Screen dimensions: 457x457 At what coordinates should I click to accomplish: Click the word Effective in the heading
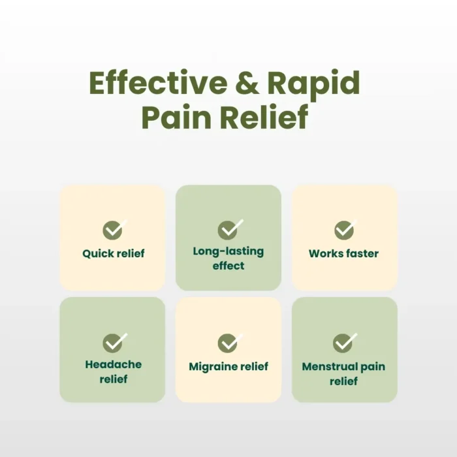(158, 83)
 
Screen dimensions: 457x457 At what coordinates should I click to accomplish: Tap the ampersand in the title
(247, 83)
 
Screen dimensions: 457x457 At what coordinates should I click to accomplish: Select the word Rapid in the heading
(313, 84)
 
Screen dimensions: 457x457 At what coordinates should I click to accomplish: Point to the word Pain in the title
(176, 117)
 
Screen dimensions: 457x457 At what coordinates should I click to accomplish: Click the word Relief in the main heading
(264, 117)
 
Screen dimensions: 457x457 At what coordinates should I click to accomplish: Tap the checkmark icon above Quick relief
(115, 229)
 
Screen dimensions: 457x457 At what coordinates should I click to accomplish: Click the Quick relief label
(114, 253)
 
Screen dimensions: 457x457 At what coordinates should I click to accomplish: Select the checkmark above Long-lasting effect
(230, 229)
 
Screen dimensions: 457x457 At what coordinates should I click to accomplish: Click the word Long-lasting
(228, 251)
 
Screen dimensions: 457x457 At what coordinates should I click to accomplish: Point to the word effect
(228, 266)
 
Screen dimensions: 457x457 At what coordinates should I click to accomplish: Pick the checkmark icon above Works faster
(345, 229)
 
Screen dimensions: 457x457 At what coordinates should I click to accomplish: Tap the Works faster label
(343, 253)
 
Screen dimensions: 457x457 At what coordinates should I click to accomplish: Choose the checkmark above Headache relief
(115, 342)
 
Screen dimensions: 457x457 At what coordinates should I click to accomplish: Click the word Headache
(114, 364)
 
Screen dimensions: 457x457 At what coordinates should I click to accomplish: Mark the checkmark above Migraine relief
(230, 343)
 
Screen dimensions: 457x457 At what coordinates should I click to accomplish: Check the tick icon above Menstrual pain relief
(345, 343)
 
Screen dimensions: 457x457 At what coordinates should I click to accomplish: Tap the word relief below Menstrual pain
(343, 381)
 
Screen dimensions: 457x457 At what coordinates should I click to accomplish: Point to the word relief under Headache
(114, 379)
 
